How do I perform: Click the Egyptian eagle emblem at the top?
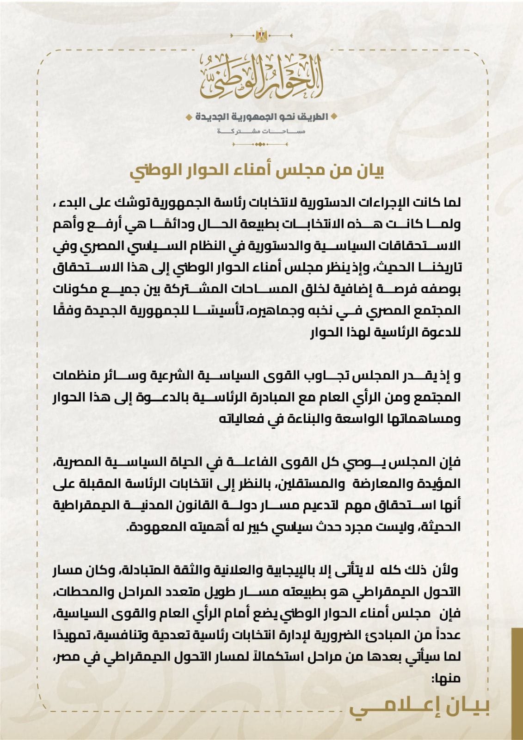point(261,35)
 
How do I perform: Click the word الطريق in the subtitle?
point(314,117)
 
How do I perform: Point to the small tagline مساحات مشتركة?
point(261,132)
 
